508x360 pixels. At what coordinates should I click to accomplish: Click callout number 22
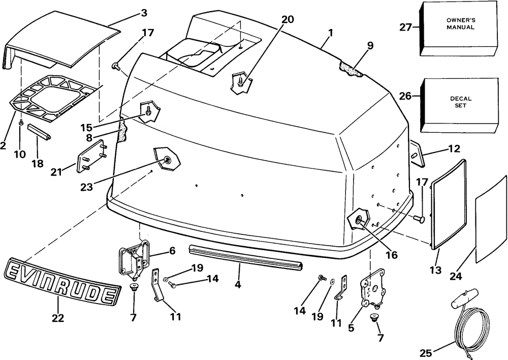(x=58, y=318)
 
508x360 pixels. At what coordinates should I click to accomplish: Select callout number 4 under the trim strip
(x=238, y=285)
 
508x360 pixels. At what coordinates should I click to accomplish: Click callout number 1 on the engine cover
(x=331, y=33)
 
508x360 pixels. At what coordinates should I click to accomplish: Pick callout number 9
(x=370, y=46)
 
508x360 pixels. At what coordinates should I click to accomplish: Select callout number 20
(x=287, y=19)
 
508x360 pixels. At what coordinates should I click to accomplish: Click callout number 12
(x=454, y=149)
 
